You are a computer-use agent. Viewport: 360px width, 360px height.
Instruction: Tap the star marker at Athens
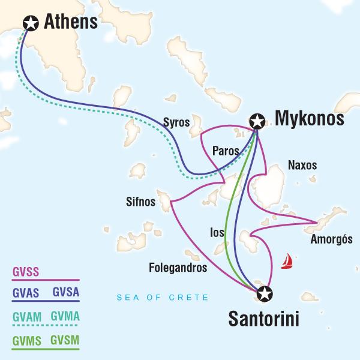tap(28, 23)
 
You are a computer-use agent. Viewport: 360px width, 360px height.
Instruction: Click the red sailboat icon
tap(289, 260)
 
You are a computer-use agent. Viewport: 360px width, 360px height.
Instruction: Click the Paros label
tap(224, 150)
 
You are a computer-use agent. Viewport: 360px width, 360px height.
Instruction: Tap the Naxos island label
tap(302, 165)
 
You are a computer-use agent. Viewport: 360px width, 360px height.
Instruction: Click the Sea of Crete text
tap(163, 298)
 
